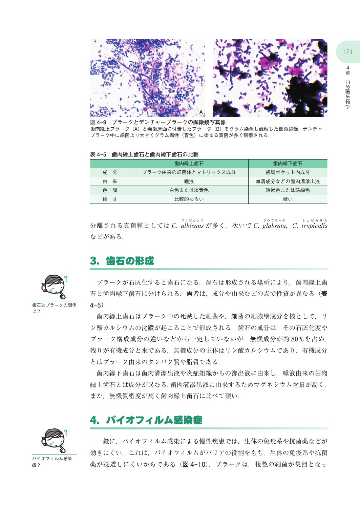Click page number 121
tap(347, 52)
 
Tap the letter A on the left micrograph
tap(201, 112)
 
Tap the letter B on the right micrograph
tap(322, 112)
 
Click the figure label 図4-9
tap(99, 122)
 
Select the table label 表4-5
tap(98, 154)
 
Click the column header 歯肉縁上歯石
tap(189, 164)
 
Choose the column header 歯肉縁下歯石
tap(288, 164)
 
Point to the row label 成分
tap(110, 172)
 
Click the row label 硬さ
tap(110, 199)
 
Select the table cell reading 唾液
tap(189, 182)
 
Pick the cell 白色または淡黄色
tap(189, 190)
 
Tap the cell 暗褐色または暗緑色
tap(288, 190)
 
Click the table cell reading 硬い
tap(288, 199)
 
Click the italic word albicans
tap(192, 226)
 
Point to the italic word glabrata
tap(274, 226)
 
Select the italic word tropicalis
tap(314, 226)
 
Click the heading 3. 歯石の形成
tap(122, 261)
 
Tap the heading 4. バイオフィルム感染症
tap(146, 420)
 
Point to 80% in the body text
tap(297, 339)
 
